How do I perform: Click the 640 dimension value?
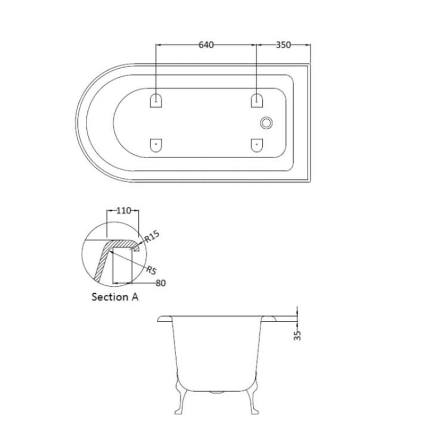tap(206, 45)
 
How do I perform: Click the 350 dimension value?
tap(283, 45)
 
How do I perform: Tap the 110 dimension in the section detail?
tap(123, 211)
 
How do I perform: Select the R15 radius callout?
tap(153, 236)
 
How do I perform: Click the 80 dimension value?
tap(161, 283)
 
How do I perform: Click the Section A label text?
tap(115, 297)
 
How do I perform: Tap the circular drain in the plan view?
tap(266, 123)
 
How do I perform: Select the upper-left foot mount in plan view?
tap(156, 100)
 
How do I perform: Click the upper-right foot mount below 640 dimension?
tap(257, 100)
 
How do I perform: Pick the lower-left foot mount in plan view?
tap(156, 144)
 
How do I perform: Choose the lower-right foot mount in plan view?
tap(257, 144)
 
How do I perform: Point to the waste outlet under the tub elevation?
tap(217, 393)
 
